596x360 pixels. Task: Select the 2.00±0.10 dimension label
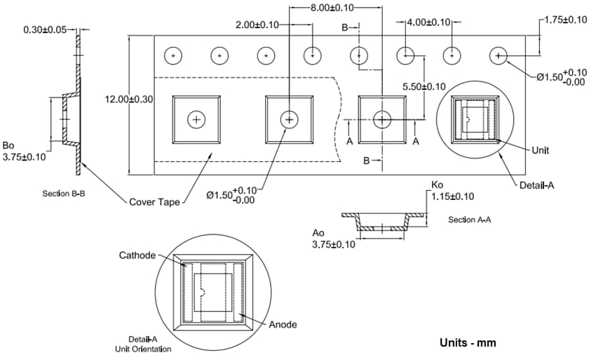pyautogui.click(x=258, y=25)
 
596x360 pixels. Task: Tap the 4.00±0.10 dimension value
pyautogui.click(x=429, y=22)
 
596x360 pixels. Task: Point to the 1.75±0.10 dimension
pyautogui.click(x=566, y=20)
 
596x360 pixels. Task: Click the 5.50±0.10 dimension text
pyautogui.click(x=424, y=86)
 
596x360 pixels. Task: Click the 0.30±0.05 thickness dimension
pyautogui.click(x=46, y=30)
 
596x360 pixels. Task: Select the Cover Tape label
pyautogui.click(x=154, y=202)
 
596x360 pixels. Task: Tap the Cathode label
pyautogui.click(x=137, y=255)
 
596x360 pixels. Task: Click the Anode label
pyautogui.click(x=283, y=324)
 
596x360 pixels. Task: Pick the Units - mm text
pyautogui.click(x=468, y=343)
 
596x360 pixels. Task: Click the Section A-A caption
pyautogui.click(x=469, y=220)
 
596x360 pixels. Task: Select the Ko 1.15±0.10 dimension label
pyautogui.click(x=452, y=191)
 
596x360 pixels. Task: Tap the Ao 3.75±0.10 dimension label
pyautogui.click(x=334, y=238)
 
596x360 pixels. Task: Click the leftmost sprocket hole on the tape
pyautogui.click(x=173, y=55)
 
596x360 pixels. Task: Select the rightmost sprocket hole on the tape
pyautogui.click(x=499, y=55)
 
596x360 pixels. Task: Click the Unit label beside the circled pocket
pyautogui.click(x=540, y=149)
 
